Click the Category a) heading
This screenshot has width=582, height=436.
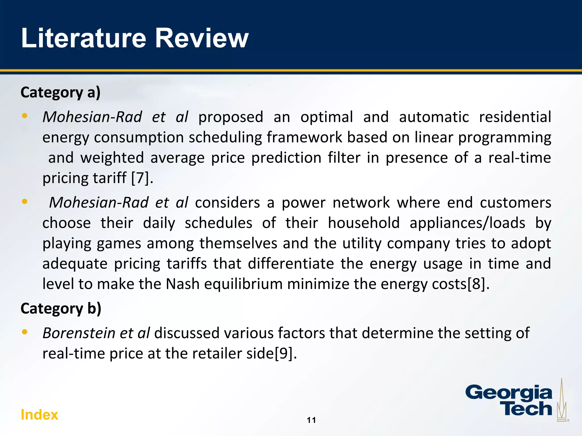click(61, 93)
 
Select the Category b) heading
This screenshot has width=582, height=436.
click(61, 309)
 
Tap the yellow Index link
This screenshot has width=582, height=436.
click(40, 415)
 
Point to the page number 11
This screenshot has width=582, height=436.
click(311, 420)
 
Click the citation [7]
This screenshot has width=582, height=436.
click(140, 178)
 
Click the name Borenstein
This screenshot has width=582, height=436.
click(79, 333)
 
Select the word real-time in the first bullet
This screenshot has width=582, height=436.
click(519, 158)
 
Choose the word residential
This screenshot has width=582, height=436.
click(515, 117)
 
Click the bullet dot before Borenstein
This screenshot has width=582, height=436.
click(25, 332)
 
